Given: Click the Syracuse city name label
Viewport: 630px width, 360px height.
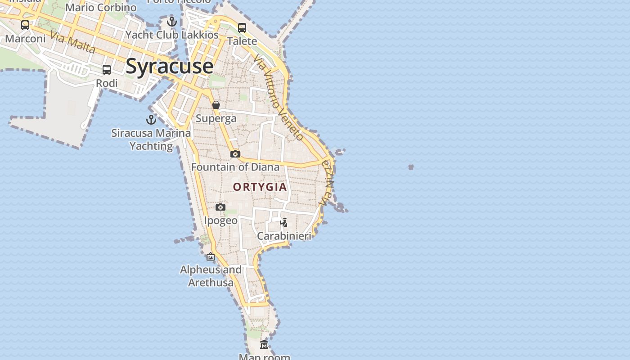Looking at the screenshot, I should pyautogui.click(x=169, y=66).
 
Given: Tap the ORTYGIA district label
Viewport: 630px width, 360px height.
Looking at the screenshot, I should pyautogui.click(x=260, y=187).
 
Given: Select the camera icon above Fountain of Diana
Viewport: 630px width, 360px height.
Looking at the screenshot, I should pyautogui.click(x=235, y=154).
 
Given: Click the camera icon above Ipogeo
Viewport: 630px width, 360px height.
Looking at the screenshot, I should pyautogui.click(x=220, y=207).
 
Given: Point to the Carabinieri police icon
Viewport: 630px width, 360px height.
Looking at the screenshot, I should pyautogui.click(x=283, y=222).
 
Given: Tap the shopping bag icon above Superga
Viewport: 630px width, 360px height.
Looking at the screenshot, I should pyautogui.click(x=216, y=105).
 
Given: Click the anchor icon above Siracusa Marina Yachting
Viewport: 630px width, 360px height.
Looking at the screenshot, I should pyautogui.click(x=151, y=120).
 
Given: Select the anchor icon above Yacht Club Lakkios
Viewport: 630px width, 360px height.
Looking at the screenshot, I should pyautogui.click(x=171, y=22).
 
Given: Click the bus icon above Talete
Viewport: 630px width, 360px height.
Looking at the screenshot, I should pyautogui.click(x=242, y=28).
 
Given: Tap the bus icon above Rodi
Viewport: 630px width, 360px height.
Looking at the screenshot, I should pyautogui.click(x=107, y=70).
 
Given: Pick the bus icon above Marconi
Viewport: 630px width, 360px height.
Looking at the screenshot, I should pyautogui.click(x=25, y=25).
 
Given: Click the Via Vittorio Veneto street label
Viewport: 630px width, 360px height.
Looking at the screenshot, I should pyautogui.click(x=278, y=97).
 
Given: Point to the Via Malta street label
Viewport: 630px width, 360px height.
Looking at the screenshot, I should pyautogui.click(x=72, y=42).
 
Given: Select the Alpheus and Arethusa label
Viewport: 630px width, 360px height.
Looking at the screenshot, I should pyautogui.click(x=211, y=276).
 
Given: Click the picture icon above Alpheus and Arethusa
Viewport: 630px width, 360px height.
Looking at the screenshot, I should pyautogui.click(x=210, y=257).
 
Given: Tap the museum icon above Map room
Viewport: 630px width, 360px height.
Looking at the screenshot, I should pyautogui.click(x=264, y=345).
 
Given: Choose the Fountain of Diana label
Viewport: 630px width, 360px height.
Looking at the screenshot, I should pyautogui.click(x=235, y=167).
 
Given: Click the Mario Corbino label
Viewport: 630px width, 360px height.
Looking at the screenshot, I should pyautogui.click(x=101, y=8).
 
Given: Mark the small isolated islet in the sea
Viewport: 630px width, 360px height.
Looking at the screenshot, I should pyautogui.click(x=411, y=167).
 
